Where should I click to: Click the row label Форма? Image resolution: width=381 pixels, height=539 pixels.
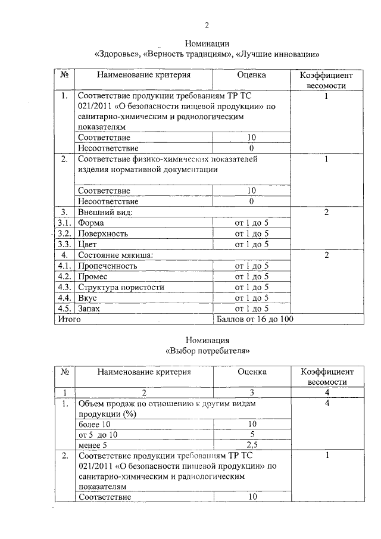tap(91, 223)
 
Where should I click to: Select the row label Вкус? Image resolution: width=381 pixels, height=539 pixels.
tap(88, 298)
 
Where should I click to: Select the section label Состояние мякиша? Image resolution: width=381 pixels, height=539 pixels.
tap(115, 255)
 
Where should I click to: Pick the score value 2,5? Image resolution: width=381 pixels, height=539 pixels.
tap(252, 444)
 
